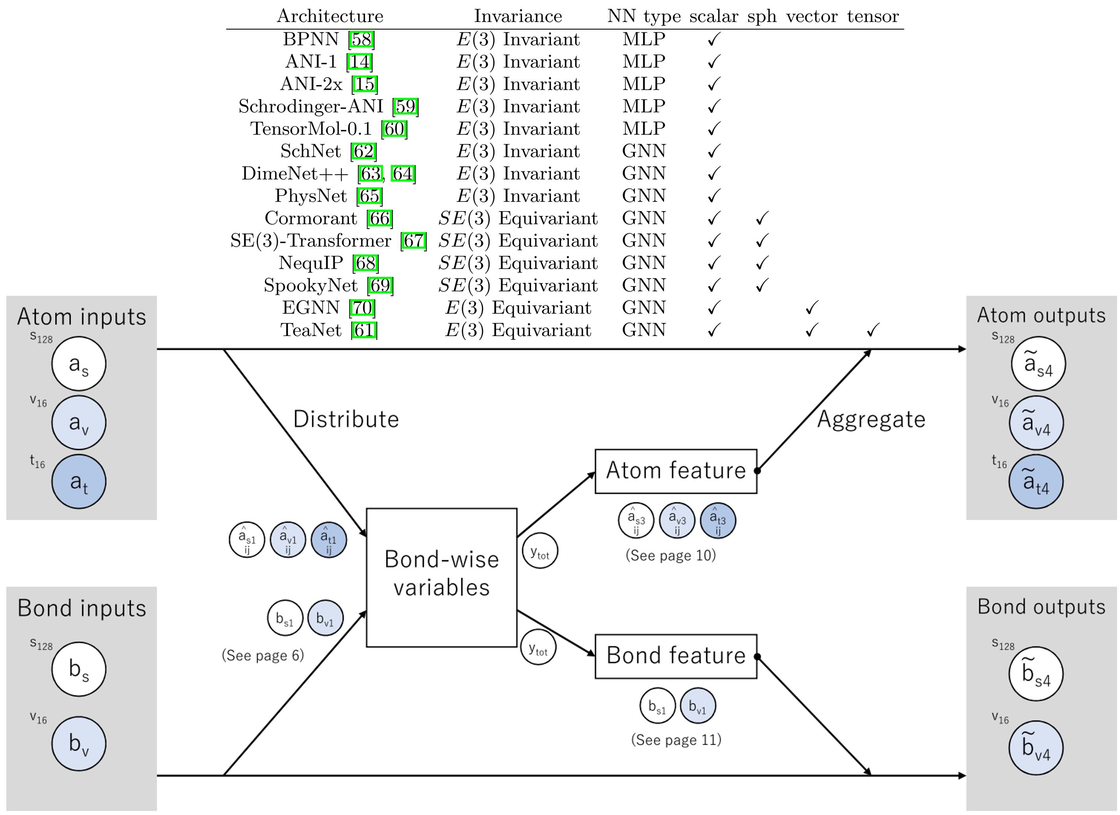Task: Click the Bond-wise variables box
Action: click(441, 577)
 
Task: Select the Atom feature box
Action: click(675, 471)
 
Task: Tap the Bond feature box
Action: click(675, 656)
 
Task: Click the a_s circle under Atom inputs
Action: click(79, 364)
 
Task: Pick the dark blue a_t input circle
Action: click(79, 482)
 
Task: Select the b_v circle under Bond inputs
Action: click(79, 743)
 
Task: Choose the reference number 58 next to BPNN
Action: click(362, 39)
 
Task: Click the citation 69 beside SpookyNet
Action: click(380, 285)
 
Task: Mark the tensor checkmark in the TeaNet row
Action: click(873, 330)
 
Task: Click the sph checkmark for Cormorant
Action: click(762, 218)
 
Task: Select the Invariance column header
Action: click(518, 16)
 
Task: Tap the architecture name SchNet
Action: click(311, 151)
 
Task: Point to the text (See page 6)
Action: click(263, 656)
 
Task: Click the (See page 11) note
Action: click(676, 740)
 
